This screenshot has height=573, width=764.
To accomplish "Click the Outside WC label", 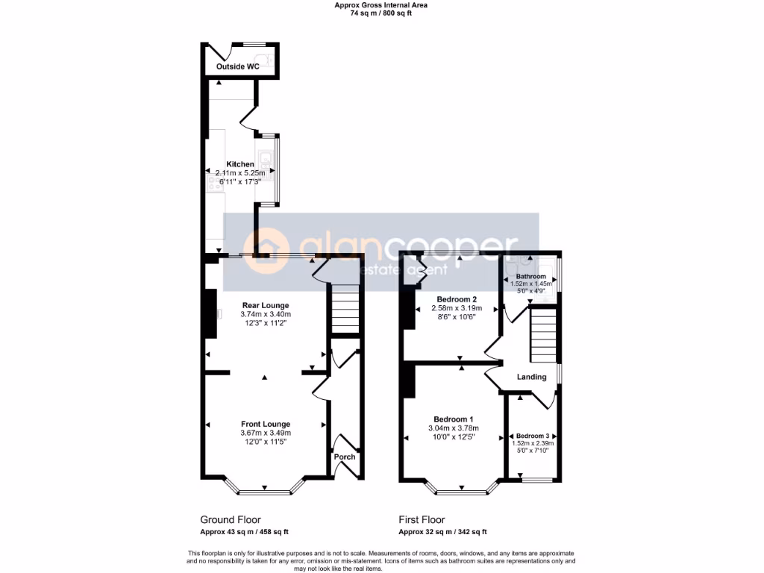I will [237, 67].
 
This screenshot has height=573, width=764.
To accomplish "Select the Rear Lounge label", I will [265, 305].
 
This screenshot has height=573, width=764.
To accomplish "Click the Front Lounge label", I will [266, 425].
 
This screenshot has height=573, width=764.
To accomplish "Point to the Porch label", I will [345, 457].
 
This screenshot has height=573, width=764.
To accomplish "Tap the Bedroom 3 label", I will [532, 436].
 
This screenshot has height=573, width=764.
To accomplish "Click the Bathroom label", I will [531, 276].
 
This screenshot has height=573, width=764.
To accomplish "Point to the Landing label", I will [532, 377].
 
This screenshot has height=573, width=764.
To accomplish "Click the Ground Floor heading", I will [231, 520].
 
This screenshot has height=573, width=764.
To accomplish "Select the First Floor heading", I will [422, 520].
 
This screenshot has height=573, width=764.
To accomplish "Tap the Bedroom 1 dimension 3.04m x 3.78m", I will [453, 428].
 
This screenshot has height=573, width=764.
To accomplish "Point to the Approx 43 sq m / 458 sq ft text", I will [244, 532].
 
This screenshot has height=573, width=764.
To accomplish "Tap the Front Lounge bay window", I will [264, 491].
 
